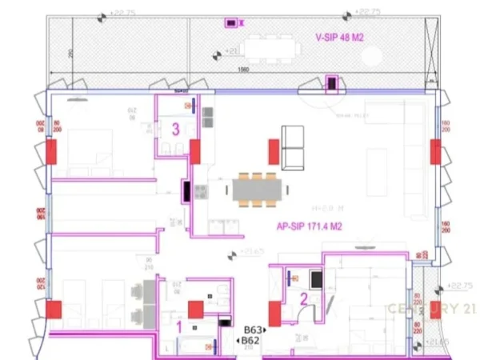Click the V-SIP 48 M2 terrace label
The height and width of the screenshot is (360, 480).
(340, 37)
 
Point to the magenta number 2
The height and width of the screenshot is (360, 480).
(304, 299)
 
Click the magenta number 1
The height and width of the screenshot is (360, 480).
(178, 326)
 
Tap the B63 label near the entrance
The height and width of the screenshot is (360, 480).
(254, 329)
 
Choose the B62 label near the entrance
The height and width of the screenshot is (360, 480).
(250, 341)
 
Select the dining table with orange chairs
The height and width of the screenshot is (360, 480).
(256, 190)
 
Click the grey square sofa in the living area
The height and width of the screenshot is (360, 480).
(293, 148)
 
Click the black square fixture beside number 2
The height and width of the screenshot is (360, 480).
(317, 279)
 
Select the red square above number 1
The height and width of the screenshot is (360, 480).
(196, 310)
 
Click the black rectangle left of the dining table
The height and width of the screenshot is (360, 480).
(186, 192)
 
